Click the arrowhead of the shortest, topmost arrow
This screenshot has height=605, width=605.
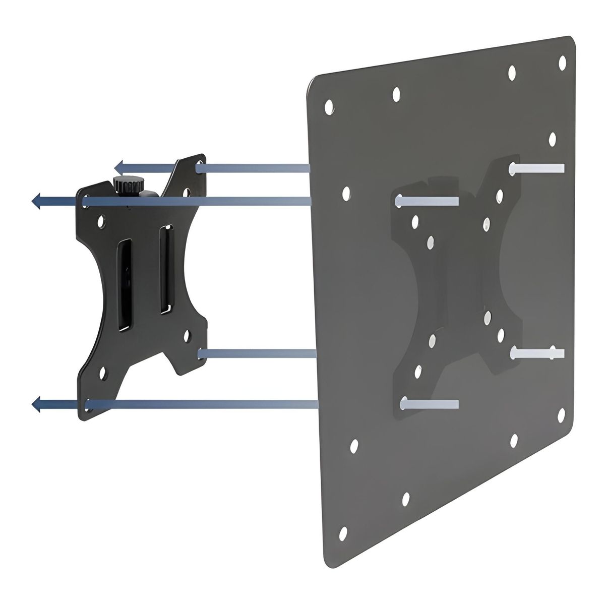[118, 167]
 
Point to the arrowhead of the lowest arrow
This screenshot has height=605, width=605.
[36, 403]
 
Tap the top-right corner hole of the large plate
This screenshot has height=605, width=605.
[563, 62]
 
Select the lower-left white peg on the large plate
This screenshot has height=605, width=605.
[430, 404]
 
